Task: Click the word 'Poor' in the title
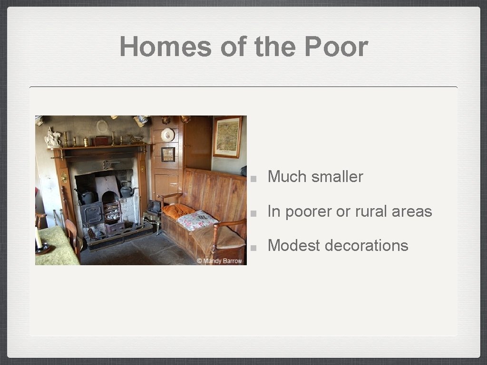[336, 47]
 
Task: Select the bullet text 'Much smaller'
[315, 177]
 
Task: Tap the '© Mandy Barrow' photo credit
[220, 261]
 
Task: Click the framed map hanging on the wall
[227, 137]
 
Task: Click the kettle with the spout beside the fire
[126, 190]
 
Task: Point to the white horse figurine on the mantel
[52, 138]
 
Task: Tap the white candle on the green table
[39, 237]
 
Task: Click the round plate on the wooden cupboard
[167, 135]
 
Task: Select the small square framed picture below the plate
[167, 154]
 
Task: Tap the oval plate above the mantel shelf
[102, 126]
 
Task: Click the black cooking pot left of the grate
[88, 196]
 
